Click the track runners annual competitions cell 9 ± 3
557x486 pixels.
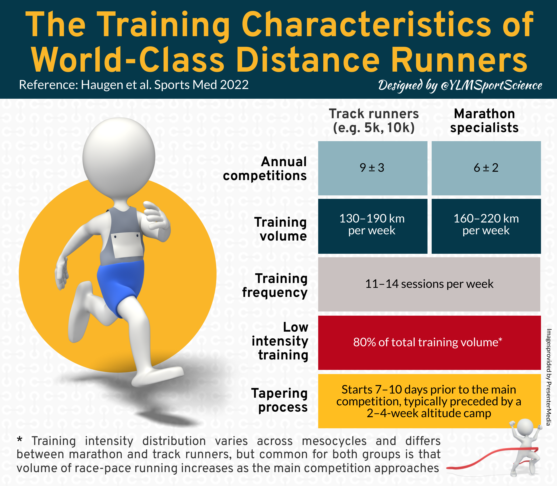372,168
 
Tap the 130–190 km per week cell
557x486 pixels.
372,225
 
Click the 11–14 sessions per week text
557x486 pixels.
429,284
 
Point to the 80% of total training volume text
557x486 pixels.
428,342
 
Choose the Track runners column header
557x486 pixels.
374,121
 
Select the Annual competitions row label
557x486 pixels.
265,169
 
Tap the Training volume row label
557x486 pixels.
281,229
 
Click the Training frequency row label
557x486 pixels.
275,285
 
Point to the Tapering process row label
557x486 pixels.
279,400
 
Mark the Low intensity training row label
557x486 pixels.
280,341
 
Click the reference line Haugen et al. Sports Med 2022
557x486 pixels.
134,85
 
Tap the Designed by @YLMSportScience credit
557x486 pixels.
460,86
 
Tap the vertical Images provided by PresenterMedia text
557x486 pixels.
549,377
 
